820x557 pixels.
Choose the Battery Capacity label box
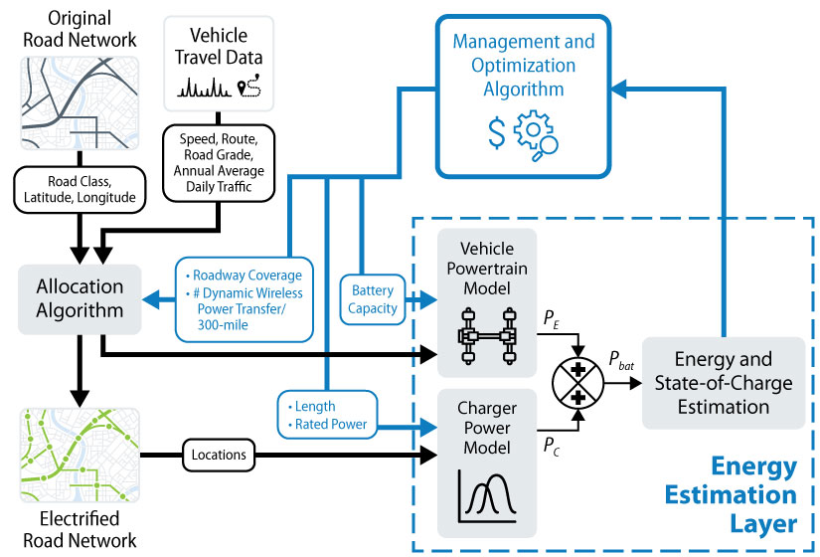pyautogui.click(x=371, y=299)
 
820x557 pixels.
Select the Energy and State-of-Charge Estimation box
pyautogui.click(x=722, y=383)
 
